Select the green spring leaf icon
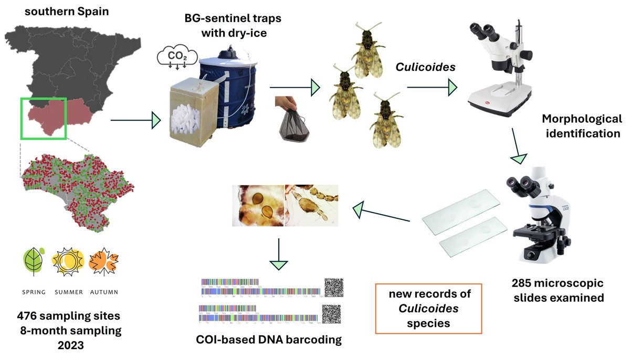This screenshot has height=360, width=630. (34, 261)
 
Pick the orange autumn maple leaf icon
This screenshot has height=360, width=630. (103, 262)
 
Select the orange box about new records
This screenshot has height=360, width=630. (429, 309)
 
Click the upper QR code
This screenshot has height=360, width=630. (333, 288)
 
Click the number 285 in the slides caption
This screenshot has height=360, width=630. (524, 283)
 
